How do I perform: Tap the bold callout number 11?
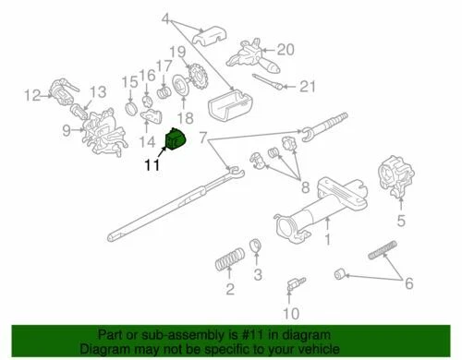pyautogui.click(x=152, y=166)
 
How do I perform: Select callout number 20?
pyautogui.click(x=285, y=49)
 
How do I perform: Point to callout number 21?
pyautogui.click(x=307, y=88)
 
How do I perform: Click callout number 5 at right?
pyautogui.click(x=401, y=220)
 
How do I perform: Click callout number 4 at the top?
pyautogui.click(x=165, y=18)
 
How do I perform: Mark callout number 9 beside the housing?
pyautogui.click(x=67, y=130)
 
